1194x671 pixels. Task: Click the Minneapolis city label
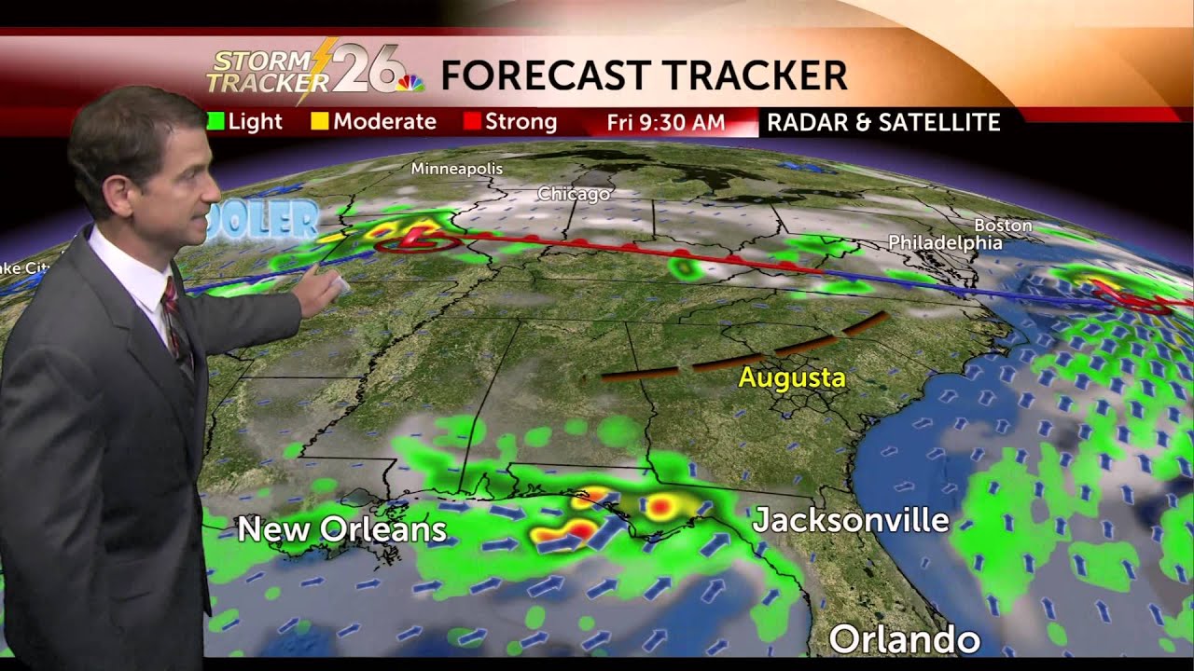pos(456,169)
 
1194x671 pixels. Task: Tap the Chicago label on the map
pos(573,194)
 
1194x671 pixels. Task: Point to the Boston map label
pos(1003,226)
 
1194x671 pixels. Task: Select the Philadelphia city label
pos(944,242)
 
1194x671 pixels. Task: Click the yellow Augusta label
pos(791,378)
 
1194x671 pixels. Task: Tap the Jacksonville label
pos(850,520)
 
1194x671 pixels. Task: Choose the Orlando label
pos(904,640)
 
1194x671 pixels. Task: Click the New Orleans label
pos(341,529)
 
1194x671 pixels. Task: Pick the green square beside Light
pos(215,122)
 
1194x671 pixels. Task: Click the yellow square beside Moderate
pos(320,122)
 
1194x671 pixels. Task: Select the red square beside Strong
pos(471,122)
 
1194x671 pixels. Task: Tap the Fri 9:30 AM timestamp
pos(665,122)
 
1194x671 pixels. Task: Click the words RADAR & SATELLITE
pos(882,122)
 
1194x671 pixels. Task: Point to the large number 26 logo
pos(368,70)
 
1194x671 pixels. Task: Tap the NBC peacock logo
pos(411,83)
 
